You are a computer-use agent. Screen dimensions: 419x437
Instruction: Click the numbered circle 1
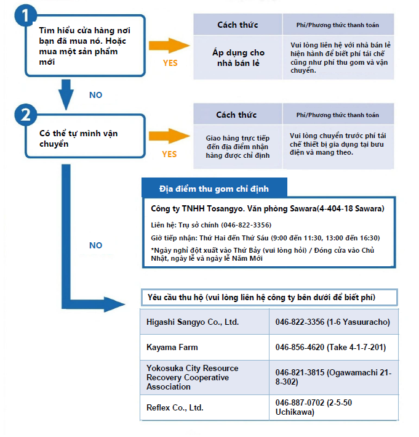pos(25,15)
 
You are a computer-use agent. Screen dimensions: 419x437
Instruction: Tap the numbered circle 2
pos(26,115)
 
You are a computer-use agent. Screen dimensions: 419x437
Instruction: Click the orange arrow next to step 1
pos(169,46)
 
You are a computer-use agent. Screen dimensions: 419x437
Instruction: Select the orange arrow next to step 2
pos(169,136)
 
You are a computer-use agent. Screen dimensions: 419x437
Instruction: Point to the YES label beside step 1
pos(170,63)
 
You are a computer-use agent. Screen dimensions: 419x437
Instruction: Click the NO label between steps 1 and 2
pos(96,95)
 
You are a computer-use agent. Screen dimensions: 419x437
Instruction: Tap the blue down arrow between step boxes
pos(66,94)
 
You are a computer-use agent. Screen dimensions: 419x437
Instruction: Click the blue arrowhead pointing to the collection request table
pos(114,304)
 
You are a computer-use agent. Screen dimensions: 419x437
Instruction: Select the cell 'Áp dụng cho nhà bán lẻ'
pos(238,57)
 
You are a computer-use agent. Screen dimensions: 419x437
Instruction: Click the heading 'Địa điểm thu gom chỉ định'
pos(214,189)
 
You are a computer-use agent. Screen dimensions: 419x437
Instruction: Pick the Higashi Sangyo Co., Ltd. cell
pos(204,322)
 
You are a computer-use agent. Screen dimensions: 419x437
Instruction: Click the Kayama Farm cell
pos(204,347)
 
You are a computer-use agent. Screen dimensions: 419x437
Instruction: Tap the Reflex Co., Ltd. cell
pos(204,407)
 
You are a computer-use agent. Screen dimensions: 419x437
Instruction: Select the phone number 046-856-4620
pos(300,347)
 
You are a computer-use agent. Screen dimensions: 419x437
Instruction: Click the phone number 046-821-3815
pos(300,372)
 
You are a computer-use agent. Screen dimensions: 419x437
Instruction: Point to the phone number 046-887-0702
pos(300,402)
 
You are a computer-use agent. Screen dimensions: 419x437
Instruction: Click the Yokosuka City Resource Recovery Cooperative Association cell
pos(204,377)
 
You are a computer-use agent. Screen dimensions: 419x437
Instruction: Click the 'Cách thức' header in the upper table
pos(238,25)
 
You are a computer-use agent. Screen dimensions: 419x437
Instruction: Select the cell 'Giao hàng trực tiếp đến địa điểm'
pos(238,147)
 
